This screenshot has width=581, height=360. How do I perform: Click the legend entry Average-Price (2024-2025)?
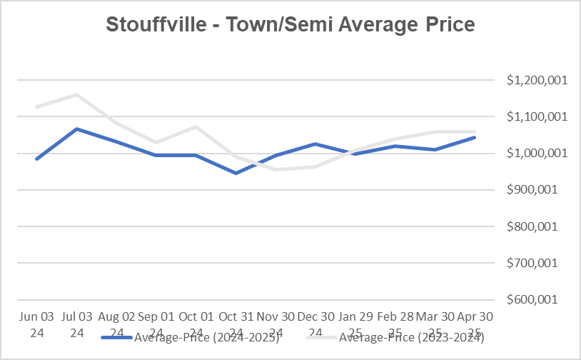(206, 338)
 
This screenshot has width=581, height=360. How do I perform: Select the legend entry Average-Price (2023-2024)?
(411, 338)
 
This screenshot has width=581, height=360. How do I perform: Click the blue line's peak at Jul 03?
(76, 129)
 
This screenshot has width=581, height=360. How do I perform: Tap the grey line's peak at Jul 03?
(76, 94)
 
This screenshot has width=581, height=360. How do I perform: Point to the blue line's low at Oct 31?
(236, 173)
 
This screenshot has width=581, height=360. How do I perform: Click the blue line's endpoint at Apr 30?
(475, 137)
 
